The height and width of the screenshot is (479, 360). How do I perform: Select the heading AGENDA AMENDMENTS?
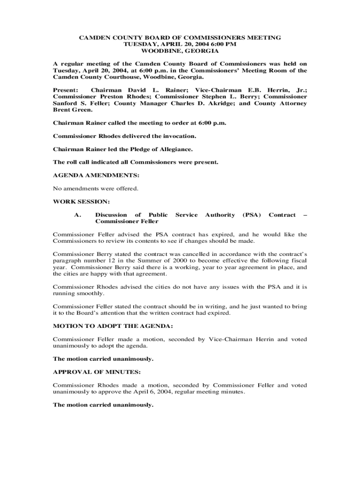[x=96, y=175]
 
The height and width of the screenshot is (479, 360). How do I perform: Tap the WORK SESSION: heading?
[x=81, y=202]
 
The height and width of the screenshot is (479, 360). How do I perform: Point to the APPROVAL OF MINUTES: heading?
[x=96, y=372]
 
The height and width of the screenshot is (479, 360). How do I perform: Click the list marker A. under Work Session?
[x=78, y=215]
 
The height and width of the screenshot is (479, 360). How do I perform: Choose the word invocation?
[x=178, y=136]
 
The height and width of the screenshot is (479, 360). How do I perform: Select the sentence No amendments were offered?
[x=96, y=189]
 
